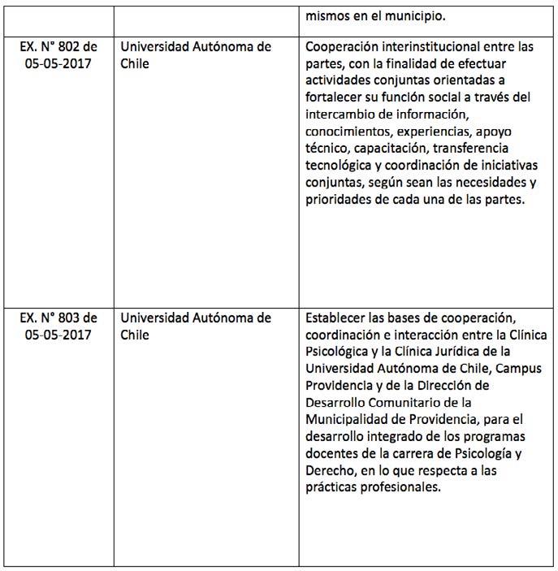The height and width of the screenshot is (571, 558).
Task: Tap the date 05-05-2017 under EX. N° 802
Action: (x=58, y=64)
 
